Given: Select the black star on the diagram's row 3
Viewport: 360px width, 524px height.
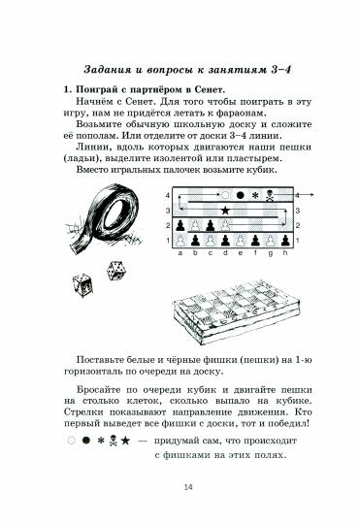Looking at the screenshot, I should pyautogui.click(x=225, y=209).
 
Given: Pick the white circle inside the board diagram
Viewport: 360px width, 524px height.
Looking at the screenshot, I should pyautogui.click(x=225, y=195).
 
